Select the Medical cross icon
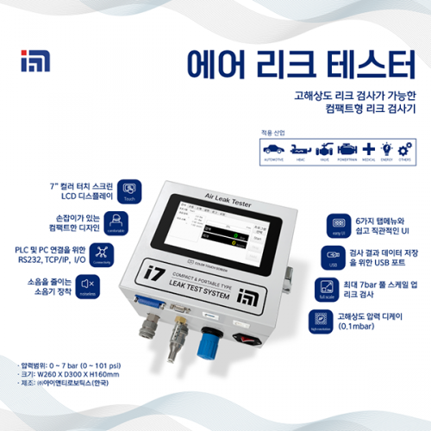pyautogui.click(x=367, y=149)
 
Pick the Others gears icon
pyautogui.click(x=403, y=149)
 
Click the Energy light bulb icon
pyautogui.click(x=386, y=149)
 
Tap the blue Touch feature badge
pyautogui.click(x=130, y=191)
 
